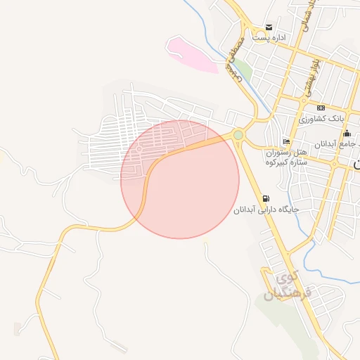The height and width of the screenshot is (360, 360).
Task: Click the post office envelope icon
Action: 268,27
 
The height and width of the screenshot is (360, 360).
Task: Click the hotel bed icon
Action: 286,139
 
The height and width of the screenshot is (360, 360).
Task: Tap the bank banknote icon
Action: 321,108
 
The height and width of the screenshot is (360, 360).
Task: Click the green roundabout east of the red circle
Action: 238,135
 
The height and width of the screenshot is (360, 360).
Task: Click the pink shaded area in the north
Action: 191,54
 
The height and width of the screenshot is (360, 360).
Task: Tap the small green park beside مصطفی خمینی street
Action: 242,69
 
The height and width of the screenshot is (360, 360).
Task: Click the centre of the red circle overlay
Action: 180,179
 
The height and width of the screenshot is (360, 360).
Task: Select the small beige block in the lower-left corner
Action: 17,329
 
